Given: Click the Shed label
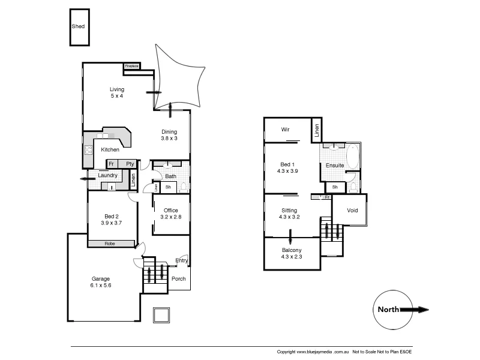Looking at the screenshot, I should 78,27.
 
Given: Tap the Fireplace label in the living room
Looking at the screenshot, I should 132,65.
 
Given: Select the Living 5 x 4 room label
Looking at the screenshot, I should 116,93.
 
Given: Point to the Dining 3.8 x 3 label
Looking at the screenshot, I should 169,135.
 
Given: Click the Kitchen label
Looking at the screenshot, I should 110,149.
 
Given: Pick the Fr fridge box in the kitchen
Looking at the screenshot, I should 111,164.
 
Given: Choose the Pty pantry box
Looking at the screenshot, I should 130,164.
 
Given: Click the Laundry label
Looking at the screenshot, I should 108,175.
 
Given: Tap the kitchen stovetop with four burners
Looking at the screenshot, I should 88,150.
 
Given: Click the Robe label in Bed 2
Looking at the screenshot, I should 110,244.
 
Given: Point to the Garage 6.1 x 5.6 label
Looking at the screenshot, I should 101,282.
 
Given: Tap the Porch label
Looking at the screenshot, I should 179,279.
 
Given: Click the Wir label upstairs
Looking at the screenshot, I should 286,129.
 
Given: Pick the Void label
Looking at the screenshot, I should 352,211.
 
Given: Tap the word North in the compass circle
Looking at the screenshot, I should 388,310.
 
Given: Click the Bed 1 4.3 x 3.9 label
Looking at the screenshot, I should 288,167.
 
